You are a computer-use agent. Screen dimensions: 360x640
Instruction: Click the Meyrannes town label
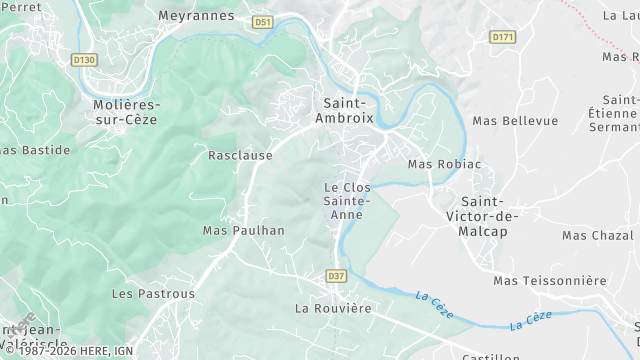(x=196, y=16)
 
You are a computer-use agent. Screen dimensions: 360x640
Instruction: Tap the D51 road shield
(x=262, y=21)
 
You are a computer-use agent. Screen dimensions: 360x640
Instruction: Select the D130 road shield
(x=85, y=59)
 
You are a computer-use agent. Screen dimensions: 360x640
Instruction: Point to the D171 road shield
(x=502, y=37)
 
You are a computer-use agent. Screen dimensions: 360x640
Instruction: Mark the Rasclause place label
(x=240, y=156)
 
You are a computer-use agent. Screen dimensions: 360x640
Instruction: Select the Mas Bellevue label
(x=515, y=121)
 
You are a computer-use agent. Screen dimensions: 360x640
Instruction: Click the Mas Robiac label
(x=444, y=164)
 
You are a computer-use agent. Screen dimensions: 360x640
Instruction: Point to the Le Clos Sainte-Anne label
(x=347, y=194)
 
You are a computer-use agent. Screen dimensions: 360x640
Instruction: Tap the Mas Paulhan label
(x=244, y=230)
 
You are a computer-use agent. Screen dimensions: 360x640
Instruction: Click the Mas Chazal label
(x=599, y=235)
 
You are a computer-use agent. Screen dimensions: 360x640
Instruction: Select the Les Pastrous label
(x=153, y=294)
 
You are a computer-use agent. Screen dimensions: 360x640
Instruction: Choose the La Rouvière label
(x=333, y=309)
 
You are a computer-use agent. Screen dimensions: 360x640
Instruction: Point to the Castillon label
(x=489, y=356)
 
